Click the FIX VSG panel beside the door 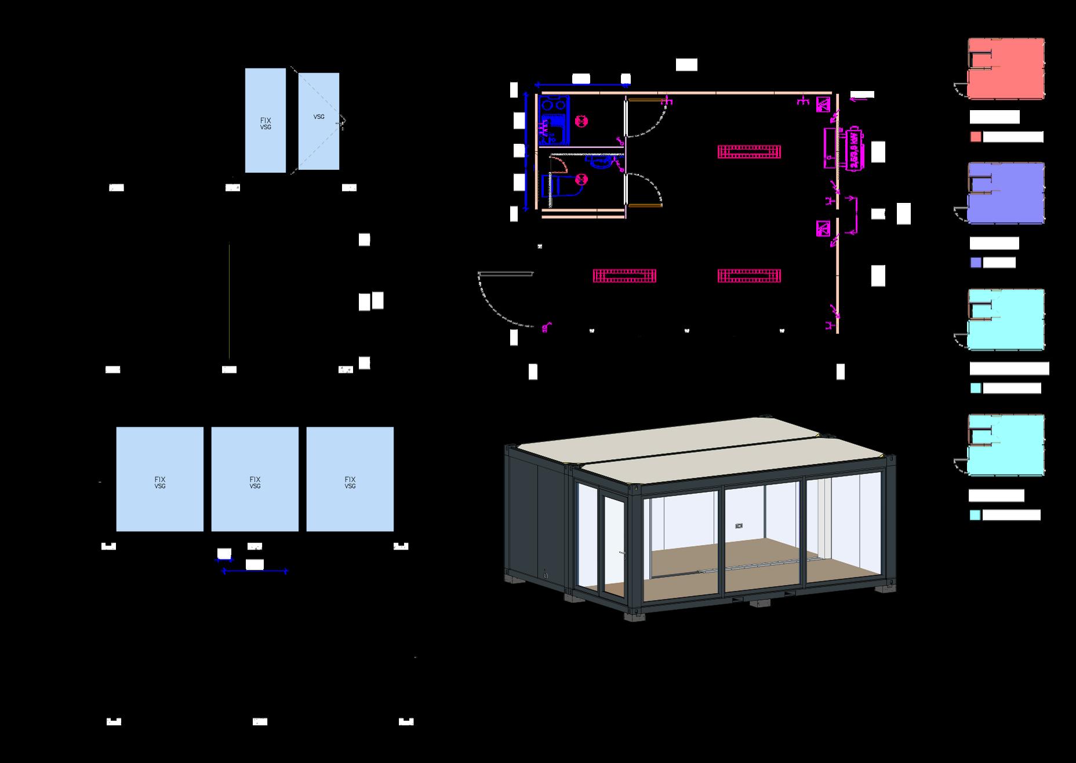pyautogui.click(x=266, y=121)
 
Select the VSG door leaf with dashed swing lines pyautogui.click(x=319, y=121)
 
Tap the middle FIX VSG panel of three pyautogui.click(x=255, y=479)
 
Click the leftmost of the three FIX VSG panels pyautogui.click(x=160, y=479)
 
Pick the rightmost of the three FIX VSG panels pyautogui.click(x=350, y=479)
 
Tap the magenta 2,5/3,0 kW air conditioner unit pyautogui.click(x=854, y=149)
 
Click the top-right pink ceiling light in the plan pyautogui.click(x=750, y=152)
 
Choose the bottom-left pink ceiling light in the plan pyautogui.click(x=624, y=275)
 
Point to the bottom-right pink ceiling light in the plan pyautogui.click(x=750, y=275)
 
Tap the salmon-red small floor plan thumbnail pyautogui.click(x=1006, y=68)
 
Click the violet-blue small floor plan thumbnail pyautogui.click(x=1006, y=193)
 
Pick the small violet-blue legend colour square pyautogui.click(x=976, y=263)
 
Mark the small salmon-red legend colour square pyautogui.click(x=976, y=137)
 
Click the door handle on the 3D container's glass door pyautogui.click(x=621, y=554)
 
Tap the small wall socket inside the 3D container pyautogui.click(x=739, y=526)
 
